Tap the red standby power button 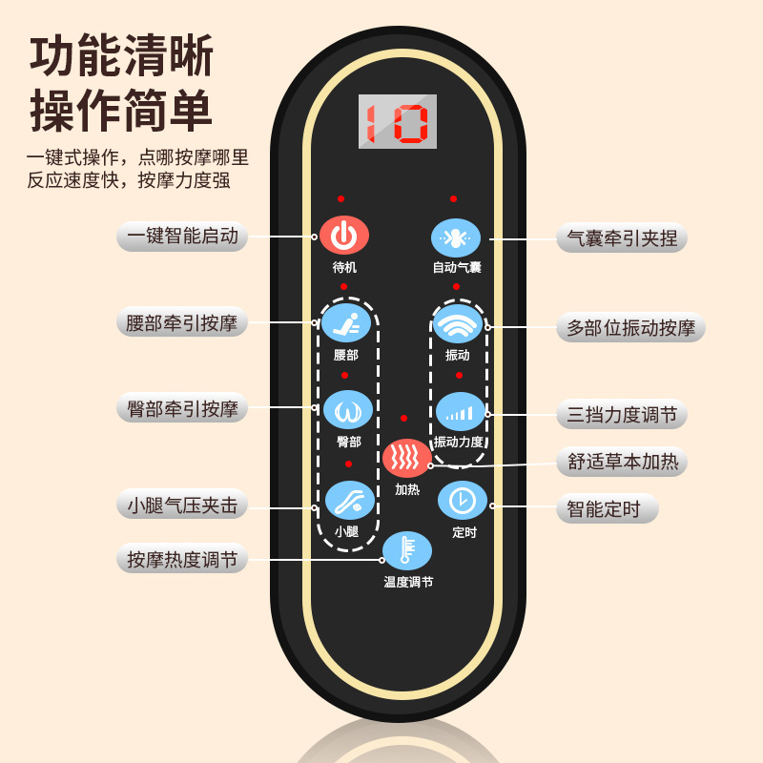(344, 235)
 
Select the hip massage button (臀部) (347, 410)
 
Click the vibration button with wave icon (458, 324)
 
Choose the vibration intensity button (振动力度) (461, 412)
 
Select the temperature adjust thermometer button (407, 550)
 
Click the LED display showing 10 (398, 121)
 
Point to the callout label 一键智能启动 (182, 236)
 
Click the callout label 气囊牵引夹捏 (622, 237)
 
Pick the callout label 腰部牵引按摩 (182, 322)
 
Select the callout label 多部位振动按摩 (630, 328)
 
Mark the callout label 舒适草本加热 (622, 462)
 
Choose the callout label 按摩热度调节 (182, 559)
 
